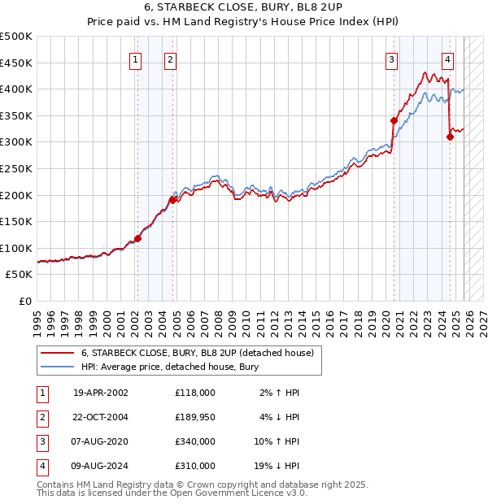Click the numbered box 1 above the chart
click(134, 59)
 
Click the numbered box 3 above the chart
click(391, 59)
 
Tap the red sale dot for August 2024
click(450, 137)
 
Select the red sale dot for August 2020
click(394, 121)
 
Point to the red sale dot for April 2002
click(137, 238)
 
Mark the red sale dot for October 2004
click(172, 199)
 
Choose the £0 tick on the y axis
click(24, 301)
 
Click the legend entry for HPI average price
click(169, 367)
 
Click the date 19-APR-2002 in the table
click(101, 393)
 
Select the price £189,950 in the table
click(194, 417)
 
